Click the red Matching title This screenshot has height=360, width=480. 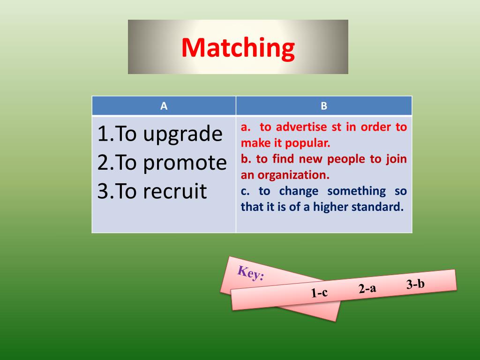click(238, 48)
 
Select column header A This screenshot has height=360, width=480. click(164, 106)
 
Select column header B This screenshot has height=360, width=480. click(324, 106)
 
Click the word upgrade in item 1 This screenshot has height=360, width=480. click(183, 135)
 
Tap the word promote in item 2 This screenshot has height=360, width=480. click(185, 163)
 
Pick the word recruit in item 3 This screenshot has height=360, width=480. click(175, 191)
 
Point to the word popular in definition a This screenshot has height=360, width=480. click(310, 143)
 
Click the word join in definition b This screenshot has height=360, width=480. click(397, 159)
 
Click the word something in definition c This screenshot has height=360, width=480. click(356, 191)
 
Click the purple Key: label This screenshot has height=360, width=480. click(251, 272)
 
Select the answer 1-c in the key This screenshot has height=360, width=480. click(319, 293)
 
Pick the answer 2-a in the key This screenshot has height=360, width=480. click(367, 288)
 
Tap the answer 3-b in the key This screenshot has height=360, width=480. click(415, 284)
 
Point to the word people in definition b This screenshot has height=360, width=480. click(345, 159)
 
